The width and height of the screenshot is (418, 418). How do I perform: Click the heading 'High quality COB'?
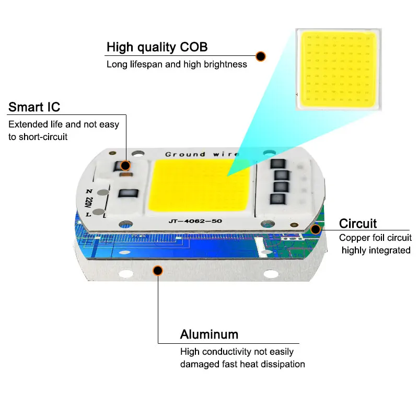pyautogui.click(x=157, y=47)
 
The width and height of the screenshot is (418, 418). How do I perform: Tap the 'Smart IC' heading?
pyautogui.click(x=34, y=107)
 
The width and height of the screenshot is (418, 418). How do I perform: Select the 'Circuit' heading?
pyautogui.click(x=358, y=224)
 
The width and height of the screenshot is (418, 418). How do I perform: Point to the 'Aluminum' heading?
pyautogui.click(x=209, y=334)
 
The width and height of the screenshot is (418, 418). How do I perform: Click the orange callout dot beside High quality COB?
pyautogui.click(x=260, y=55)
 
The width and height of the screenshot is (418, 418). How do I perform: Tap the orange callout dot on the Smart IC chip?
pyautogui.click(x=125, y=166)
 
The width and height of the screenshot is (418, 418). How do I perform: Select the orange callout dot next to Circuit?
pyautogui.click(x=315, y=229)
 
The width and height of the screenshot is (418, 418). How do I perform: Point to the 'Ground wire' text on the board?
pyautogui.click(x=202, y=154)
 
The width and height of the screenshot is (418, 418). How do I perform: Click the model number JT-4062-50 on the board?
pyautogui.click(x=195, y=221)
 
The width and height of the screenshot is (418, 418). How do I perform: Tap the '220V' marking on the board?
pyautogui.click(x=89, y=200)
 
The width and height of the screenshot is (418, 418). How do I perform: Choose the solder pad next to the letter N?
pyautogui.click(x=103, y=192)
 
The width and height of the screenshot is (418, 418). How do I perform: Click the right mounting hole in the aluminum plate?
pyautogui.click(x=270, y=273)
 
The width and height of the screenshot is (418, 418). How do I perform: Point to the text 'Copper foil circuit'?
pyautogui.click(x=375, y=238)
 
